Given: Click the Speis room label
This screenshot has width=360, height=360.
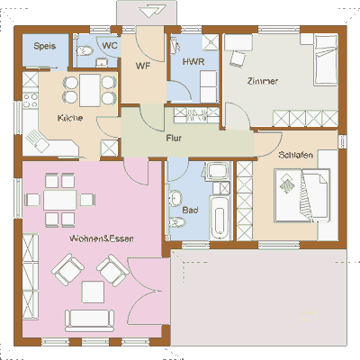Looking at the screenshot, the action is coord(45,46).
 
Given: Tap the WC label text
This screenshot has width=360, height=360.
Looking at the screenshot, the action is coord(110,46).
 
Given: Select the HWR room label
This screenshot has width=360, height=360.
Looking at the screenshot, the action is coord(193,62).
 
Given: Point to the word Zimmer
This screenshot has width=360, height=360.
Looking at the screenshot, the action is coord(263,81).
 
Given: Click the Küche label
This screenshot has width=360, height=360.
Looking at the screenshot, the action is coord(70,118).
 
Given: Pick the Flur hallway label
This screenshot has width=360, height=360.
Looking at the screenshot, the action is coord(174,139).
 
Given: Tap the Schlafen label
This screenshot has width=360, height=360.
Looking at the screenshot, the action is coord(295,155).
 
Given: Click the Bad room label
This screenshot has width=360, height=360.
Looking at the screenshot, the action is coord(190,210).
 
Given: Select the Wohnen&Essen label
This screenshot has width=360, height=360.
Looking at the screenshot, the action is coord(102,238).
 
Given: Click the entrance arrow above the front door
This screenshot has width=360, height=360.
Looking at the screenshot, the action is coord(152,12).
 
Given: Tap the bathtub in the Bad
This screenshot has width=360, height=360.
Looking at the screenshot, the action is coord(220,218).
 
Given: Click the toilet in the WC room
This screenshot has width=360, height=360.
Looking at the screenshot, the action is coord(85,50).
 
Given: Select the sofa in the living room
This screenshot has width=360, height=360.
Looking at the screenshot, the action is coord(90,320).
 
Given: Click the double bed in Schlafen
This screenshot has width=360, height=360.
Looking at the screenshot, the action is coord(302,195).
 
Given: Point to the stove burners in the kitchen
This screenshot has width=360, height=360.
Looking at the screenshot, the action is coord(31,100).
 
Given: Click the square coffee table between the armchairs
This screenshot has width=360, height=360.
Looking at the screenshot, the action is coord(94,292).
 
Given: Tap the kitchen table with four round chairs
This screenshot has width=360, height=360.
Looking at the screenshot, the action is coord(90,90).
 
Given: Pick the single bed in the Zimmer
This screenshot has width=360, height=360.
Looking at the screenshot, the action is coord(326,60).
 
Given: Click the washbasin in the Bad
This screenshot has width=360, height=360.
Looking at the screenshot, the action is coord(175,198).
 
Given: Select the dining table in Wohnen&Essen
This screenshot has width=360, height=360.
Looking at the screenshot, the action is coord(60,200).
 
